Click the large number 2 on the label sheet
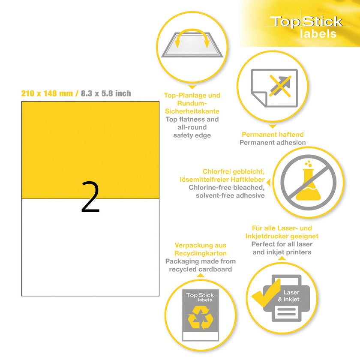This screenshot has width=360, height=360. click(x=90, y=197)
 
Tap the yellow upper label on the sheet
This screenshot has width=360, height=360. click(x=90, y=150)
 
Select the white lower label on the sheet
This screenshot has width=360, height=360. click(x=90, y=248)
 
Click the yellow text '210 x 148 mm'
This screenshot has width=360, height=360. click(x=47, y=93)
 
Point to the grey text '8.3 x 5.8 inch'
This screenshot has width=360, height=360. click(x=106, y=93)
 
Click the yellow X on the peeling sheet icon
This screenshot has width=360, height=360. click(x=280, y=86)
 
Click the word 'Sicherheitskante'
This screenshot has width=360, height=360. click(x=192, y=111)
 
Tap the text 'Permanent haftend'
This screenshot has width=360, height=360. click(x=273, y=134)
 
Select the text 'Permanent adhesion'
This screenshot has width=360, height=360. click(x=273, y=142)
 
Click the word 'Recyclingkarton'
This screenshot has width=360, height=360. click(x=201, y=253)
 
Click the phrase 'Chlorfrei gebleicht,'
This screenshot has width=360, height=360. click(x=234, y=171)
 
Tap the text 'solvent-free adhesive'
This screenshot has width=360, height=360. click(x=230, y=195)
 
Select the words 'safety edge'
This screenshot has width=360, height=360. click(x=192, y=135)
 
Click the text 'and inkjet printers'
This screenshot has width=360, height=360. click(x=282, y=252)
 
